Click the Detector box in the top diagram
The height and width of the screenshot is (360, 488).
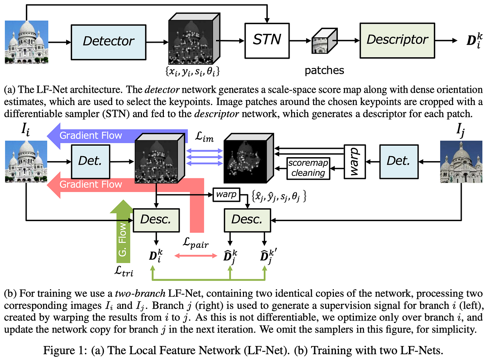(x=109, y=42)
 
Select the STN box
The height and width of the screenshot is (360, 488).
(x=267, y=40)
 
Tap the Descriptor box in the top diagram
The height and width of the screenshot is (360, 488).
(x=397, y=40)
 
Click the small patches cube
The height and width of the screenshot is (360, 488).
(x=324, y=41)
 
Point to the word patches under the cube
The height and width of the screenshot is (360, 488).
(x=324, y=70)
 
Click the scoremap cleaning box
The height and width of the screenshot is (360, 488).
(x=308, y=168)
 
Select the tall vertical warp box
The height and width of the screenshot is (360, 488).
(x=354, y=161)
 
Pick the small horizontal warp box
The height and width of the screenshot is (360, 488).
(x=226, y=195)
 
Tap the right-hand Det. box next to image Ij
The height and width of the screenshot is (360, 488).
(x=399, y=161)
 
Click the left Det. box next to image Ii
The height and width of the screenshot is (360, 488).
(x=90, y=161)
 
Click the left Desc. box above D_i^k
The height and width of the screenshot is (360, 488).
(x=156, y=220)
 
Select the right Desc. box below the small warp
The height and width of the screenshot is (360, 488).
(x=247, y=220)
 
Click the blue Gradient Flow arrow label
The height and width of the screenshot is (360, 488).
(x=91, y=136)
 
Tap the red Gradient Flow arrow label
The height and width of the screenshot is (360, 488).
(x=91, y=184)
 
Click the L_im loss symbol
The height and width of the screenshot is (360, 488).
(x=204, y=137)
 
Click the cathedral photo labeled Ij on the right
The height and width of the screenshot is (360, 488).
(x=461, y=162)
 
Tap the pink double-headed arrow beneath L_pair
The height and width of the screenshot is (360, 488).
(x=195, y=256)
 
